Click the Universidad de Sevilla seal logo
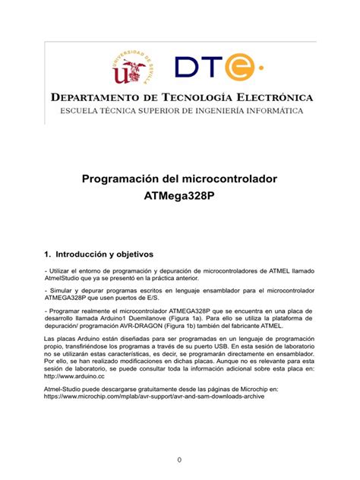pyautogui.click(x=134, y=66)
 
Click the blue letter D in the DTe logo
pyautogui.click(x=185, y=67)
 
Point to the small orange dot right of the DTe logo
pyautogui.click(x=261, y=67)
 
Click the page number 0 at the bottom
pyautogui.click(x=179, y=460)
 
